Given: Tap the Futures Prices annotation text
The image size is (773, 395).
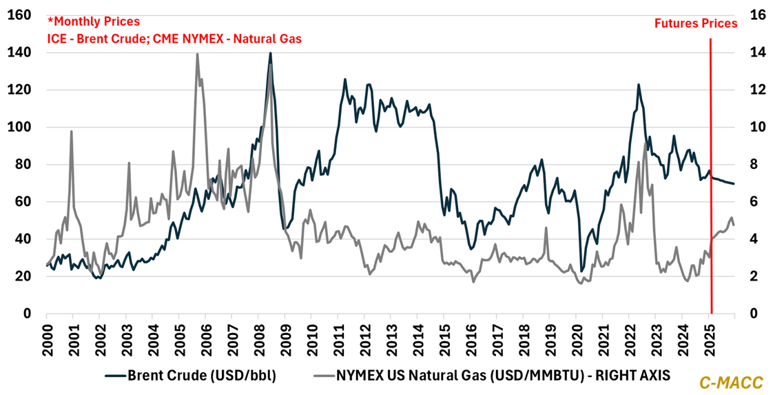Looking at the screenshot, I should click(x=696, y=23).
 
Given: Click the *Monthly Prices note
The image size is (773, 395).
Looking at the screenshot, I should click(x=93, y=22).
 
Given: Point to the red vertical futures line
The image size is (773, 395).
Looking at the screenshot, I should click(x=710, y=172).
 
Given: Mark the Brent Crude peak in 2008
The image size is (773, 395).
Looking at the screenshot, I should click(x=270, y=53).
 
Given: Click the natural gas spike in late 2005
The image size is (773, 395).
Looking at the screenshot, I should click(x=198, y=54).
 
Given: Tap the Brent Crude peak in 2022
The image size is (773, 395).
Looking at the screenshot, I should click(x=639, y=85).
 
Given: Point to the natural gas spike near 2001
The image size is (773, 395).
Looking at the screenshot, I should click(x=71, y=131).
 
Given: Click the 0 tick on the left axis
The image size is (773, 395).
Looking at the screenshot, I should click(x=28, y=314).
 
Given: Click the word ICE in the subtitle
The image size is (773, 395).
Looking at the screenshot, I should click(x=56, y=39).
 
